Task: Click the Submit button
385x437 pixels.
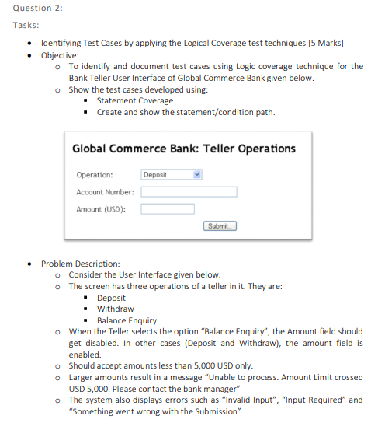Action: pyautogui.click(x=220, y=226)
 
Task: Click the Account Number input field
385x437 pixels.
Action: pyautogui.click(x=189, y=191)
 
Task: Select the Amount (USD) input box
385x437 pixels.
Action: pyautogui.click(x=168, y=208)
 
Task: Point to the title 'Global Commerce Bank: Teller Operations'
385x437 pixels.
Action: pyautogui.click(x=184, y=149)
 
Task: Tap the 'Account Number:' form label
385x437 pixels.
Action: pyautogui.click(x=105, y=192)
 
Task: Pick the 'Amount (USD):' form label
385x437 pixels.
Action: pyautogui.click(x=102, y=209)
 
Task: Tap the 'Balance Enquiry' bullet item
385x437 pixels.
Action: pyautogui.click(x=127, y=320)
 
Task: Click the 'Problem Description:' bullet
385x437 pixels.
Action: pyautogui.click(x=80, y=264)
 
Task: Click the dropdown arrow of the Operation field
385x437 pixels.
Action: pyautogui.click(x=198, y=175)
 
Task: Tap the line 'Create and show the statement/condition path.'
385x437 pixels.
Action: pyautogui.click(x=186, y=112)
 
